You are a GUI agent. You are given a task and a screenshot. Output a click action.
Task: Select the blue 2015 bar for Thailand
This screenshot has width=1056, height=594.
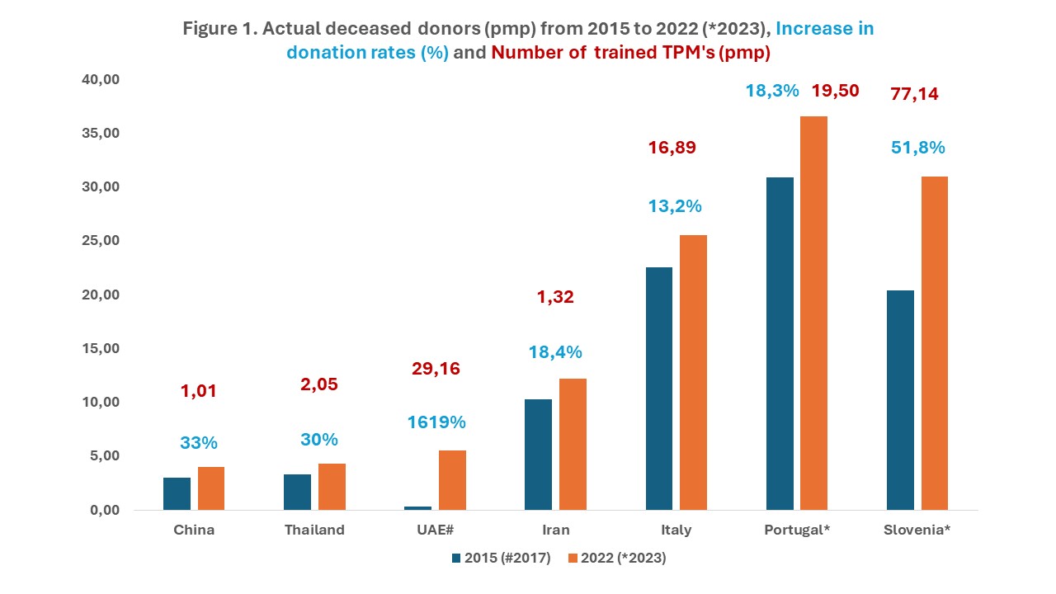pos(297,492)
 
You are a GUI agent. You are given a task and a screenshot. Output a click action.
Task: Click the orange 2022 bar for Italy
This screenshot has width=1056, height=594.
pos(693,372)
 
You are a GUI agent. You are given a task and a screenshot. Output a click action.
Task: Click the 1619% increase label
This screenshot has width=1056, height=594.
pos(436,422)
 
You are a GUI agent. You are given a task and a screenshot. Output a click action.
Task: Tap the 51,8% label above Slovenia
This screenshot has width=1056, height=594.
pos(918,148)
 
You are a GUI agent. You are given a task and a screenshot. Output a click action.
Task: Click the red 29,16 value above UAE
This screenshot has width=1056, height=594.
pos(436,369)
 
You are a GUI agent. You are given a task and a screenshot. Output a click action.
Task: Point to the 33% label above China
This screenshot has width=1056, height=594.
pos(199,443)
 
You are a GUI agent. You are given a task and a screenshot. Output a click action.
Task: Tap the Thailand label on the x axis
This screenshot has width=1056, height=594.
pos(314,530)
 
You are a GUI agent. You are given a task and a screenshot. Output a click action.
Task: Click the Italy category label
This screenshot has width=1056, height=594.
pos(676,530)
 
